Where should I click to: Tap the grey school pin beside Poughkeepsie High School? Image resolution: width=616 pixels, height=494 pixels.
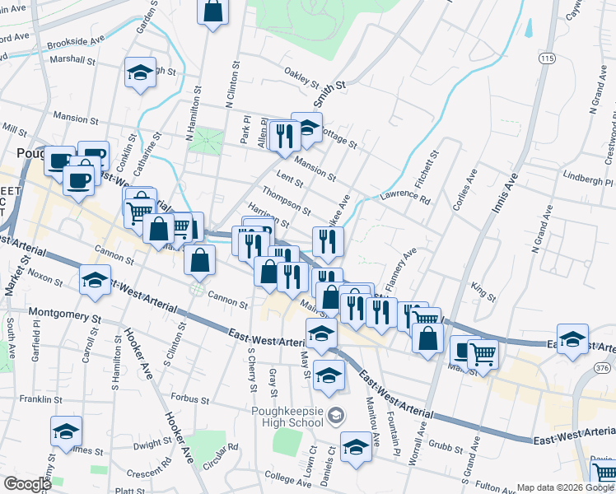click(x=334, y=414)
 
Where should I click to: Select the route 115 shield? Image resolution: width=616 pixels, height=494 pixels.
click(x=548, y=58)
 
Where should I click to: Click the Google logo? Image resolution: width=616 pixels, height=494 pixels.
click(x=27, y=484)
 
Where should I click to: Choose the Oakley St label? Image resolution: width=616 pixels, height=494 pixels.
click(x=301, y=78)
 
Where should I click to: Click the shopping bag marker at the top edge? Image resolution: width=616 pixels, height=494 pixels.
click(x=212, y=12)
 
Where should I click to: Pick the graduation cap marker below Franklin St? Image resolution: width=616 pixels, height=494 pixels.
click(x=66, y=431)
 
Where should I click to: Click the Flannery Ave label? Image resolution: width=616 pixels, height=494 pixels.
click(x=408, y=263)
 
